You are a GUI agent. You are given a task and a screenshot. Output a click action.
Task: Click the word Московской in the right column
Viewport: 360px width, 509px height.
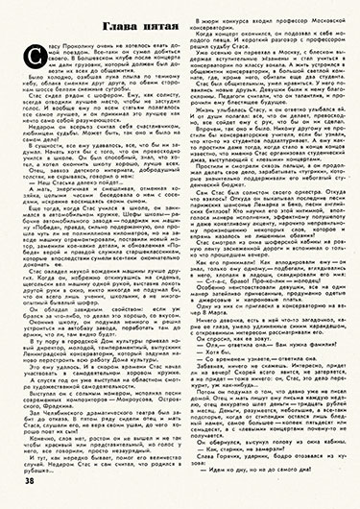[313, 13]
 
